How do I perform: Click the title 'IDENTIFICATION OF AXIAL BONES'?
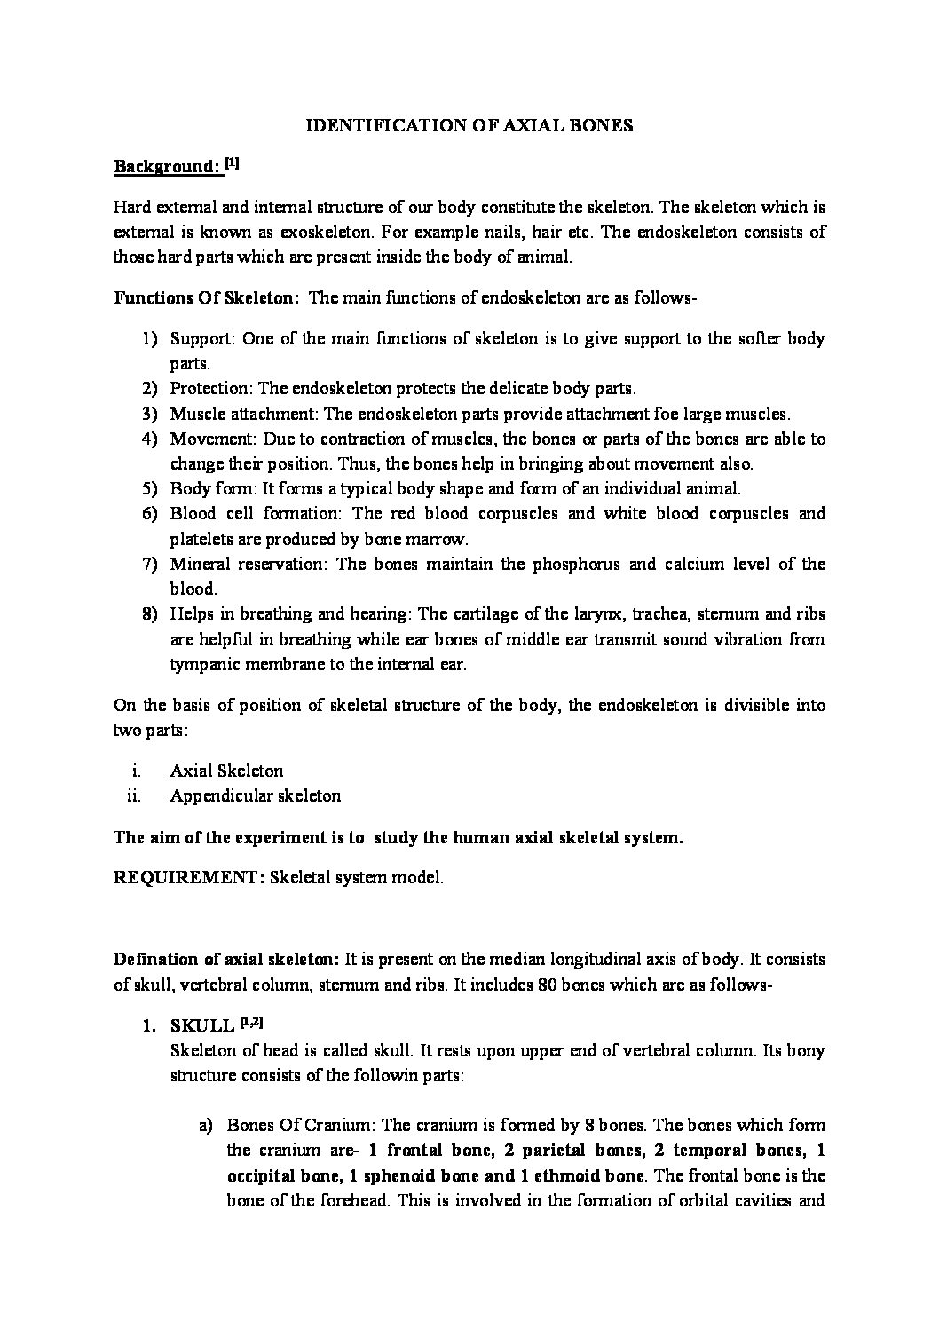tap(469, 125)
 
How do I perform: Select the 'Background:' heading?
tap(166, 166)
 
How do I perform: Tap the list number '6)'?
tap(148, 513)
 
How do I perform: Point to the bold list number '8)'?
tap(148, 613)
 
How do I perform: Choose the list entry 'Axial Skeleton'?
tap(226, 771)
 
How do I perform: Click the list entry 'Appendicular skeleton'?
tap(255, 795)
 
